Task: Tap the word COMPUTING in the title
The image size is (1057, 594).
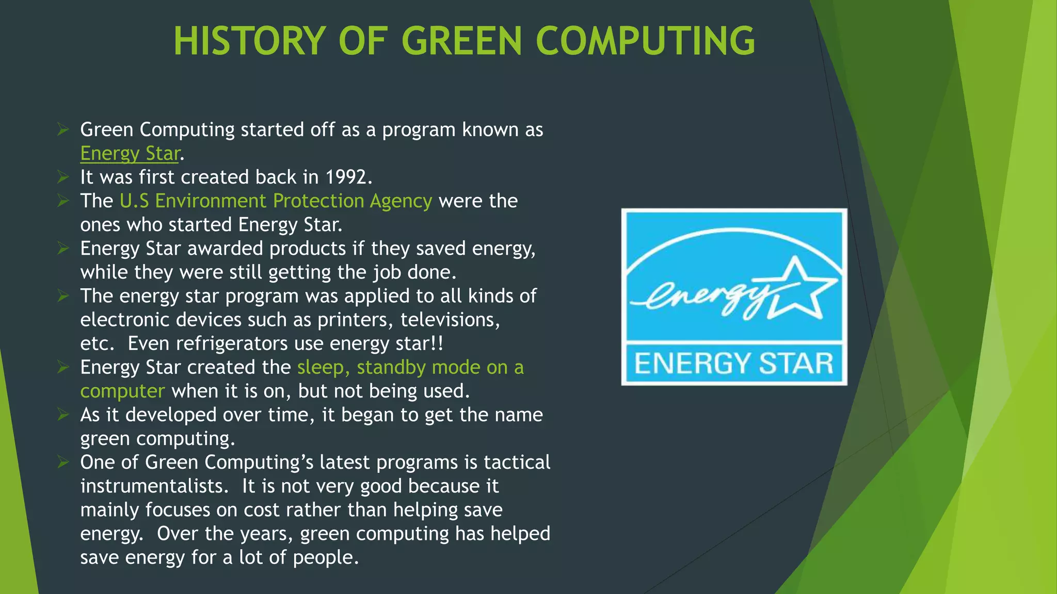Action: point(645,41)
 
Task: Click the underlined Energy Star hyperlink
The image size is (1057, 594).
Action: point(130,154)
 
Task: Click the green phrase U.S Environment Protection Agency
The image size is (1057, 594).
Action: point(276,201)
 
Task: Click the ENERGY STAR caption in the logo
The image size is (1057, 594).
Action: point(733,363)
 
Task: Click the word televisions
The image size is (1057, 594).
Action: point(450,320)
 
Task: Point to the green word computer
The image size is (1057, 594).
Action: point(122,391)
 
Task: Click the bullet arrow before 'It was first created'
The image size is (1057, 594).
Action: point(63,177)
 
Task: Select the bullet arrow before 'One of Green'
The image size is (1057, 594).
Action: point(63,463)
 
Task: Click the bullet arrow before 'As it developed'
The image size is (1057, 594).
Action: point(63,415)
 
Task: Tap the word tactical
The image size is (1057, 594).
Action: point(517,463)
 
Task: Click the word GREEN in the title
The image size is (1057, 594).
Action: point(462,41)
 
